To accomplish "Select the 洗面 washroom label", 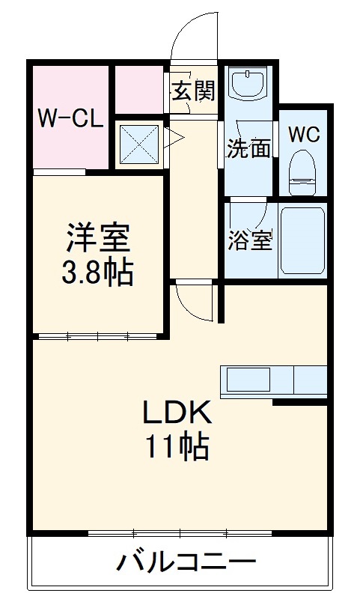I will tap(249, 148).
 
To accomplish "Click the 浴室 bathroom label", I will tap(250, 242).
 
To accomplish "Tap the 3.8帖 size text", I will tap(97, 274).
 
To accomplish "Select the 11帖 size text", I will tap(177, 447).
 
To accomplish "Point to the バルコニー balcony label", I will tap(186, 561).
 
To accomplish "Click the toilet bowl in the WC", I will tap(304, 169).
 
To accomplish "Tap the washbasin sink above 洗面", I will tap(248, 85).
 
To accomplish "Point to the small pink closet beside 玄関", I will tap(139, 89).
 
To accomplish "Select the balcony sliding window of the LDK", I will tap(180, 533).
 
